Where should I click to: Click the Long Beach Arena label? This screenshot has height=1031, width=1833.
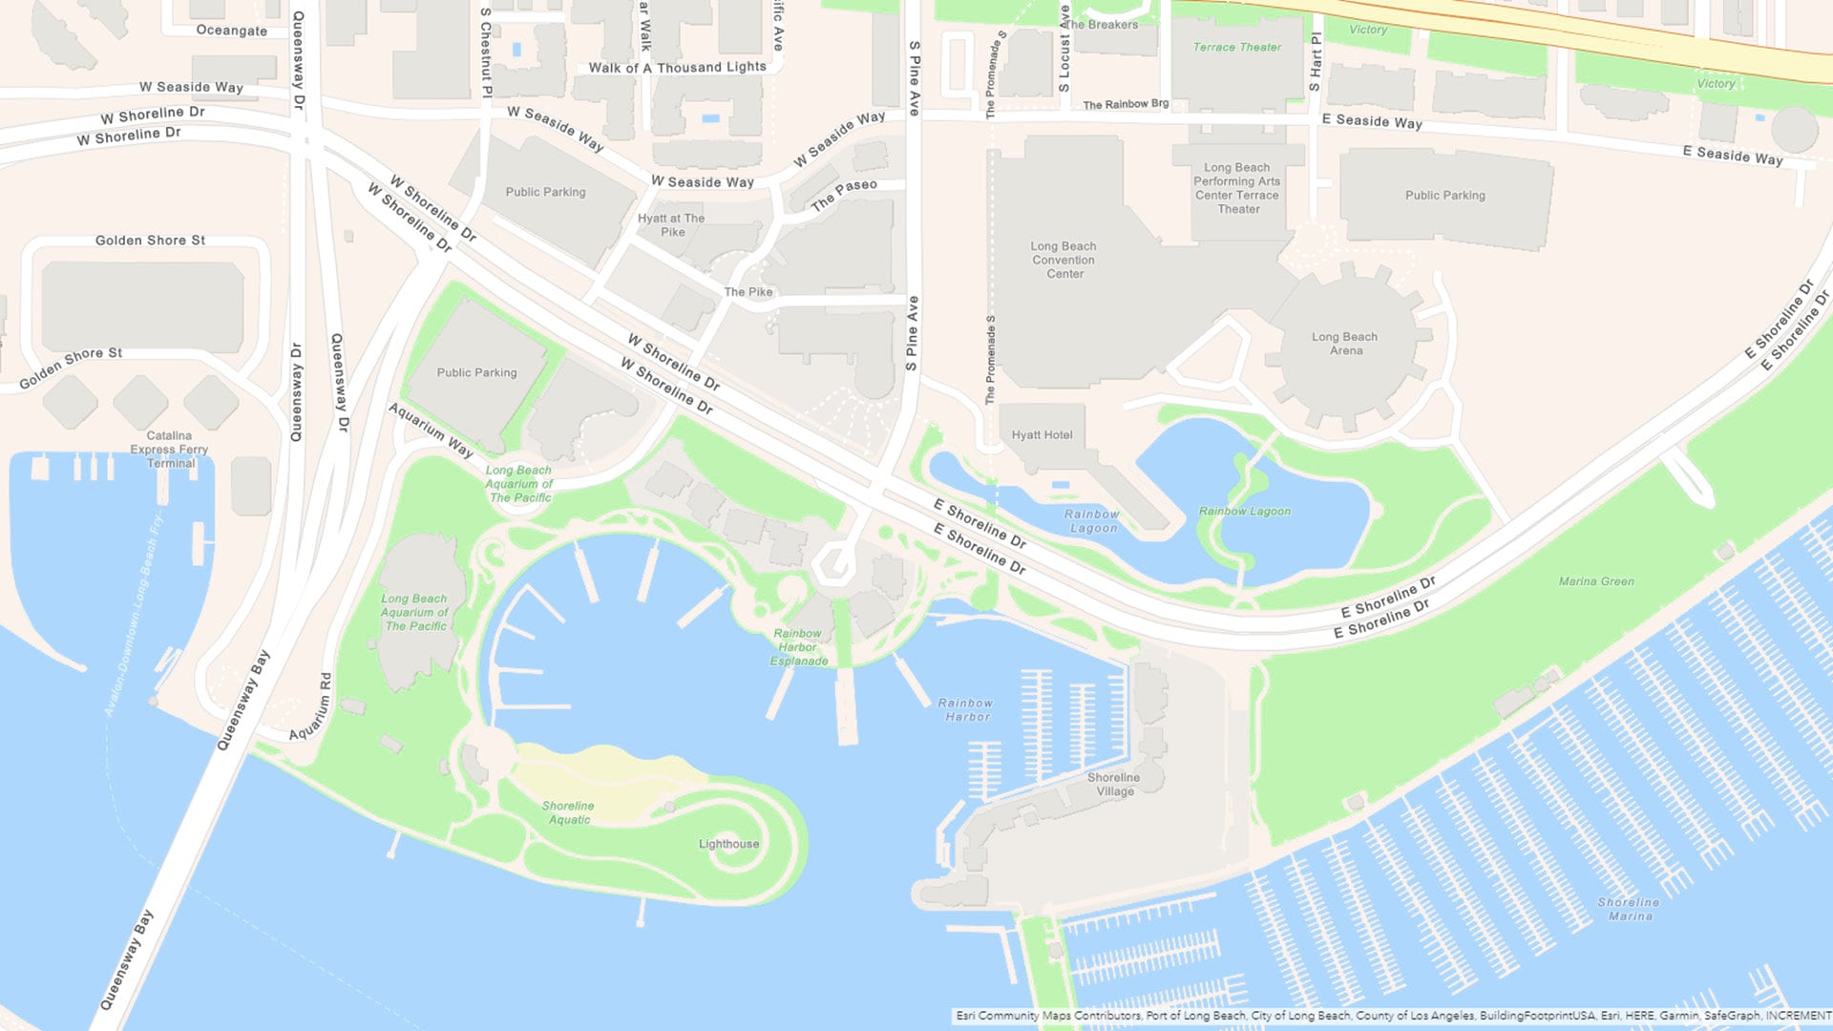point(1344,344)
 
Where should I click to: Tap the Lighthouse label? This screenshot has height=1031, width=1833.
point(728,844)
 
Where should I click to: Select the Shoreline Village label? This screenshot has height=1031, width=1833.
point(1113,784)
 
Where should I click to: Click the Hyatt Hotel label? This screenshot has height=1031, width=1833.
point(1042,435)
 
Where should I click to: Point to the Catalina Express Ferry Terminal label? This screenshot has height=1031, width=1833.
point(169,450)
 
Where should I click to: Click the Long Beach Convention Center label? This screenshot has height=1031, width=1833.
point(1064,260)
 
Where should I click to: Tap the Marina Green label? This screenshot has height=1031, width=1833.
point(1596,581)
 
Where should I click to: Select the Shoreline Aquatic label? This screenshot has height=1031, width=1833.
point(568,812)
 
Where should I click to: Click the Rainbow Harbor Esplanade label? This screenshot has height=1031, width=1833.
point(798,647)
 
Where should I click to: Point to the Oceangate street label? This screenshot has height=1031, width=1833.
point(231,31)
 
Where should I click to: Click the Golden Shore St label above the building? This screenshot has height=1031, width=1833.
point(150,241)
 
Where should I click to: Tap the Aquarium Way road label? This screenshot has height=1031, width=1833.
point(431,430)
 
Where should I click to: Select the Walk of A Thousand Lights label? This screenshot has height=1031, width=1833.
point(677,68)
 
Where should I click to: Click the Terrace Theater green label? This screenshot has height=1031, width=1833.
point(1236,47)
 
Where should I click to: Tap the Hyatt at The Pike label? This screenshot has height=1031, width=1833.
point(671,225)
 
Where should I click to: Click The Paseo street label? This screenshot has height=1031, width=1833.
point(844,194)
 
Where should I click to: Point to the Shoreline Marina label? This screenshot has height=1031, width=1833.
point(1628,909)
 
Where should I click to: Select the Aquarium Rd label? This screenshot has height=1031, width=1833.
point(312,706)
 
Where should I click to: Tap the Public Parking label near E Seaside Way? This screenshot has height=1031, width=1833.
point(1444,196)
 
